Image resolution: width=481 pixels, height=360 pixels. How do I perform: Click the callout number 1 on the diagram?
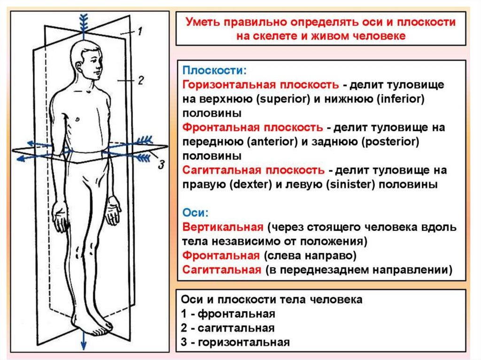pyautogui.click(x=140, y=32)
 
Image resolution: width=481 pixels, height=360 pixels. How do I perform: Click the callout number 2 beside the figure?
pyautogui.click(x=140, y=81)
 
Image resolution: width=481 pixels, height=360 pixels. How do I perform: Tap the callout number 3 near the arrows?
pyautogui.click(x=161, y=164)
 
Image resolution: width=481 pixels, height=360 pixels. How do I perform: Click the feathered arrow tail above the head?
pyautogui.click(x=83, y=21)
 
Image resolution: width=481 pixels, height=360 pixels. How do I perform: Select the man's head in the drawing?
pyautogui.click(x=87, y=61)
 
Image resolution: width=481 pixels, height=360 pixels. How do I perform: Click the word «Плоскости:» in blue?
pyautogui.click(x=214, y=71)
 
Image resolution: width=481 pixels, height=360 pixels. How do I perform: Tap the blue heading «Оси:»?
pyautogui.click(x=195, y=213)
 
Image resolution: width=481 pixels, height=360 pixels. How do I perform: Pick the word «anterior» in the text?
pyautogui.click(x=265, y=142)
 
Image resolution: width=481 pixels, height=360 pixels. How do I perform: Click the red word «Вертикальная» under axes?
pyautogui.click(x=223, y=228)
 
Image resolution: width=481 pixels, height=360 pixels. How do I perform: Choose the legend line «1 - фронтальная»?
pyautogui.click(x=228, y=314)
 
